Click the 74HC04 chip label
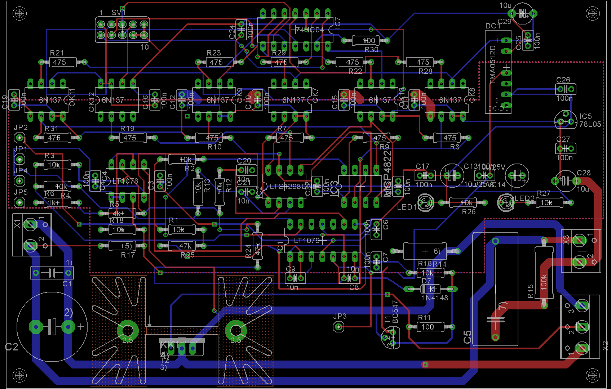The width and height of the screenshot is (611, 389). pyautogui.click(x=309, y=30)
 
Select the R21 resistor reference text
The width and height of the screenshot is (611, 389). pyautogui.click(x=57, y=53)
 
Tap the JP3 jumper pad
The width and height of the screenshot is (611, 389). pyautogui.click(x=338, y=327)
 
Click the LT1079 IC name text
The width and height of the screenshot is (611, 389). pyautogui.click(x=307, y=241)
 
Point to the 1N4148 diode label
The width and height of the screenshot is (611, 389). pyautogui.click(x=435, y=298)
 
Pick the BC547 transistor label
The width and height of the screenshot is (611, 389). pyautogui.click(x=395, y=312)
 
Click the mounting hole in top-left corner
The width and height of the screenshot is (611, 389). pyautogui.click(x=19, y=14)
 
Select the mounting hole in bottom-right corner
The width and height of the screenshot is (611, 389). pyautogui.click(x=593, y=376)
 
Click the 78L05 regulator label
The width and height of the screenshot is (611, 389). pyautogui.click(x=590, y=124)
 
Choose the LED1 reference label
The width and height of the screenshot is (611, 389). pyautogui.click(x=407, y=207)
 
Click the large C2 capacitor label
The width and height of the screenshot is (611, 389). pyautogui.click(x=11, y=347)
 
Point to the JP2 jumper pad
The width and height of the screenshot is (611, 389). pyautogui.click(x=19, y=138)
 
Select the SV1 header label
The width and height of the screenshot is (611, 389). pyautogui.click(x=118, y=13)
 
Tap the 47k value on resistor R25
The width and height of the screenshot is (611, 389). pyautogui.click(x=185, y=246)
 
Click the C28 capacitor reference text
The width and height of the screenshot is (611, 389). pyautogui.click(x=584, y=173)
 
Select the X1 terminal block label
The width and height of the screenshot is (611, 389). pyautogui.click(x=17, y=224)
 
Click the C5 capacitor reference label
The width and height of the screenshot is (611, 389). pyautogui.click(x=467, y=337)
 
